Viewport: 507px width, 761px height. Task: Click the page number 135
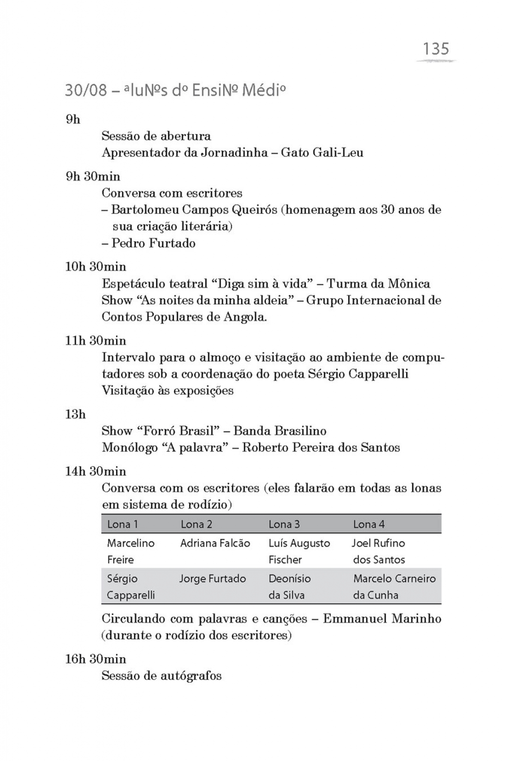coord(436,49)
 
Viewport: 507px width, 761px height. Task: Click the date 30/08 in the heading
coord(86,90)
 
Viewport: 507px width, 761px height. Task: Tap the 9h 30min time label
coord(93,176)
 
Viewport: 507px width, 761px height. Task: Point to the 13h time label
coord(75,414)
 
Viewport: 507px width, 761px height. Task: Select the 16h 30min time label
coord(95,659)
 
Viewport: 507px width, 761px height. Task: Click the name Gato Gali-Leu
coord(322,153)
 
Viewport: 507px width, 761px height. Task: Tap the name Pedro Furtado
coord(153,243)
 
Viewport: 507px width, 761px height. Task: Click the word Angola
coord(245,317)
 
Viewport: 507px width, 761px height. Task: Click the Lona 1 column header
coord(122,524)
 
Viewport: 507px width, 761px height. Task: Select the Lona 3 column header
coord(284,524)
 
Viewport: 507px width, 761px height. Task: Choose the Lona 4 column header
coord(369,524)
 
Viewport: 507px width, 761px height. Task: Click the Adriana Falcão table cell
coord(215,543)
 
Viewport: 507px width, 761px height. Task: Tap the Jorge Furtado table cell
coord(213,579)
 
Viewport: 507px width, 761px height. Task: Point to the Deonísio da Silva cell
coord(289,586)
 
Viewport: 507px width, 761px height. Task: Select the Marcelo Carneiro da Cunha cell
coord(394,586)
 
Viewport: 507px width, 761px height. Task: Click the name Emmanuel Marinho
coord(382,619)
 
